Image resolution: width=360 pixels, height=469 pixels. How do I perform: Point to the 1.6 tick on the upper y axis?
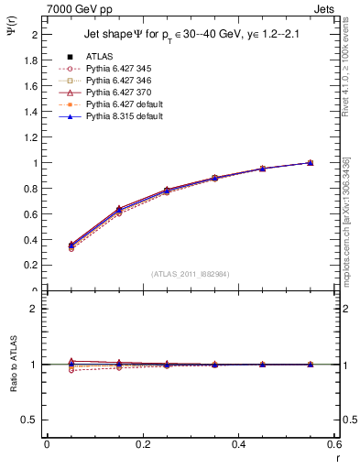(x=34, y=85)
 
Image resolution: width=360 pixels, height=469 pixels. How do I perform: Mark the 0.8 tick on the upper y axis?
(x=34, y=189)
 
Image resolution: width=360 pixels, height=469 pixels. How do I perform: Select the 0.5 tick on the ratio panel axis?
(x=32, y=420)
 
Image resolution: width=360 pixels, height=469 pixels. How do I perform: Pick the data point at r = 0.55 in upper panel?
(x=310, y=163)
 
